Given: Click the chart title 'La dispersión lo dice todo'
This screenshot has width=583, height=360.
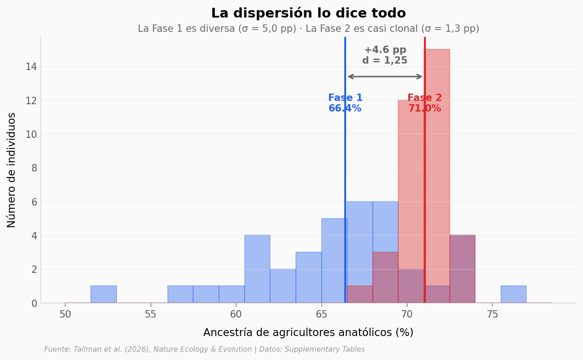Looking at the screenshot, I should point(308,13).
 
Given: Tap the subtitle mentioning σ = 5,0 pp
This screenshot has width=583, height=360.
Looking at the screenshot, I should point(308,29).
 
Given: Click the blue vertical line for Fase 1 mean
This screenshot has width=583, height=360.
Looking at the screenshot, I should point(345,184).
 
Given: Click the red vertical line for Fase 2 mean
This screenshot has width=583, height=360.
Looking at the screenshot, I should point(424,184).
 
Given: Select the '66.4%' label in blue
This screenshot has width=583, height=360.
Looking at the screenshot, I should point(345,109).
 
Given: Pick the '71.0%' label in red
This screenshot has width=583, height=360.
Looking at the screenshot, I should point(424,109).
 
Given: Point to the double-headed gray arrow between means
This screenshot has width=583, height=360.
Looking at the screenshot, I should point(385,77).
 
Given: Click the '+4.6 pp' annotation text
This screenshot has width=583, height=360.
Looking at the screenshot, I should point(385,50).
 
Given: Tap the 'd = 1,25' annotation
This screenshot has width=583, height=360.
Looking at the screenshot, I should point(385,61).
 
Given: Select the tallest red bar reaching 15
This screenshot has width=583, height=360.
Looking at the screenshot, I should point(437,138).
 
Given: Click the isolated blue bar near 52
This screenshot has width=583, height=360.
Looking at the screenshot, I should point(104,295).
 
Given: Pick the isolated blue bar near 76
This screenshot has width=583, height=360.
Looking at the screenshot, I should point(513,295).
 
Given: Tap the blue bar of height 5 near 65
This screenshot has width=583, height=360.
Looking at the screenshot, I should point(334,260).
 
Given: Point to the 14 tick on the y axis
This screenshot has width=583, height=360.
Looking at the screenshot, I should point(31,66).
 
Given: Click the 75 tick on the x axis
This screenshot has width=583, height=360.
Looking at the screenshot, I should point(492,314).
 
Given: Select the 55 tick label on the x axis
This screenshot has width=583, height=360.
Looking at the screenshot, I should point(151,314).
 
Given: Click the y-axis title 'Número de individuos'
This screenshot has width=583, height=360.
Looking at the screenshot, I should point(12,170).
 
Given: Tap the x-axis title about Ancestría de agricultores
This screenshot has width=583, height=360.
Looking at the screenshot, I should point(308,333).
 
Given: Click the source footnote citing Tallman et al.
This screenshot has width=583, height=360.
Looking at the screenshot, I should point(205,349).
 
